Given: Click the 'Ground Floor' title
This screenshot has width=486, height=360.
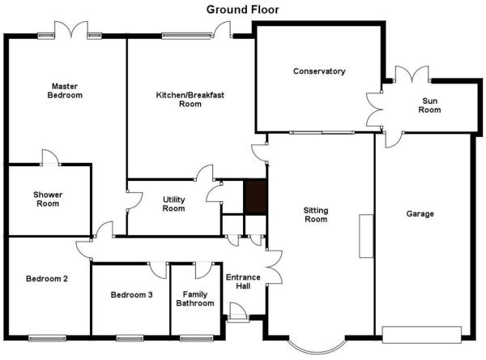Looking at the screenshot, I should pyautogui.click(x=242, y=9).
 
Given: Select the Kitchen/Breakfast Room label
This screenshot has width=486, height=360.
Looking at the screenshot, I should pyautogui.click(x=190, y=99).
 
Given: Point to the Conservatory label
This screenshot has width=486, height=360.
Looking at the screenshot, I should pyautogui.click(x=319, y=71).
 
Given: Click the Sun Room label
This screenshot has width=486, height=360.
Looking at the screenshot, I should pyautogui.click(x=430, y=105).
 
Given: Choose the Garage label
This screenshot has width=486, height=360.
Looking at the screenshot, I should pyautogui.click(x=420, y=214).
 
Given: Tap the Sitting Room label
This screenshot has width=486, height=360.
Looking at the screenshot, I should pyautogui.click(x=315, y=214).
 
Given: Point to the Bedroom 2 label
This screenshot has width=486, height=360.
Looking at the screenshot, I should pyautogui.click(x=46, y=279).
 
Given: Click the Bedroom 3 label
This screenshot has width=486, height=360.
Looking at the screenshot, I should pyautogui.click(x=131, y=295).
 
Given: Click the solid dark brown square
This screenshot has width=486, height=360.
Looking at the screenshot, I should pyautogui.click(x=256, y=197).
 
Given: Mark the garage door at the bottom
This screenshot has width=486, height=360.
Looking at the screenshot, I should pyautogui.click(x=420, y=332).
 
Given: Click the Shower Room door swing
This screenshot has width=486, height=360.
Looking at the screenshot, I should pyautogui.click(x=49, y=157).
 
